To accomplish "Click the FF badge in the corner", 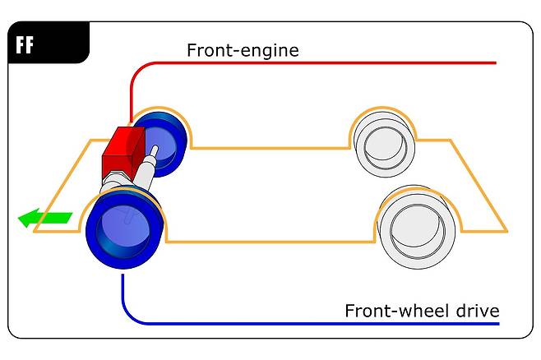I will [25, 44].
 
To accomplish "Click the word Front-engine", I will [243, 51].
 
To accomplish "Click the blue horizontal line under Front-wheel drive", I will [329, 323].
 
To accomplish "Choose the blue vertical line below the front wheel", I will [123, 292].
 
